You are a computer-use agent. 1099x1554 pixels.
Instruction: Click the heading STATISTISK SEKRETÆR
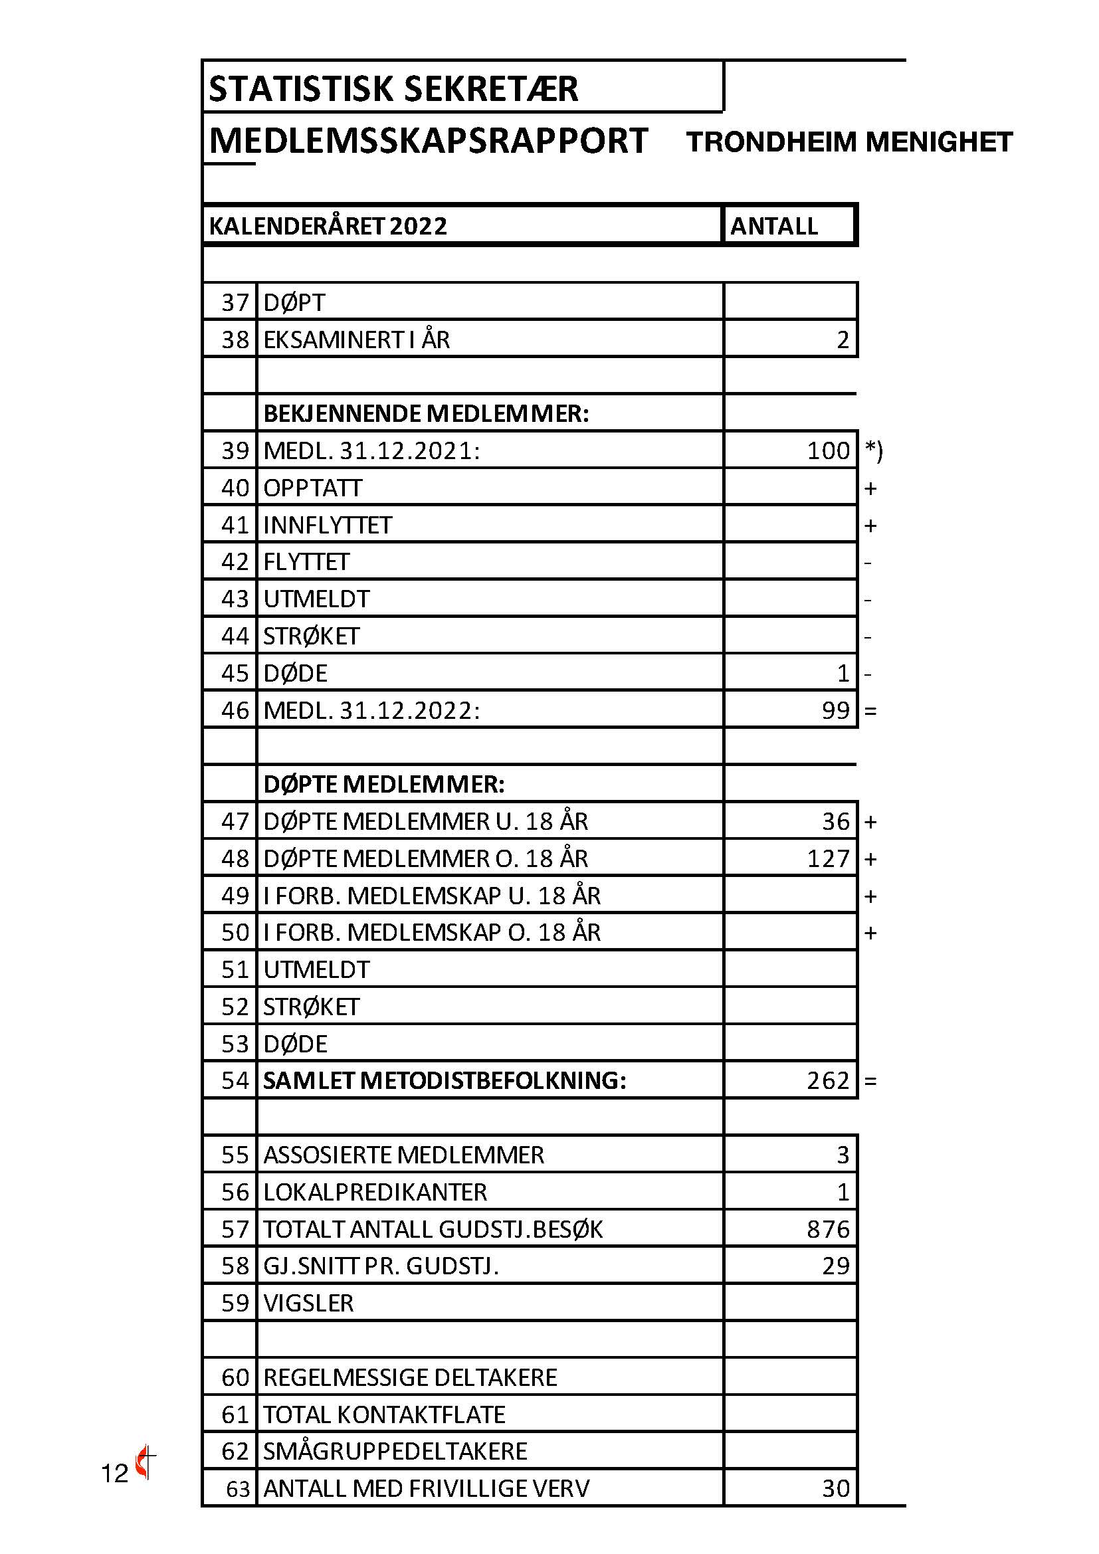click(393, 88)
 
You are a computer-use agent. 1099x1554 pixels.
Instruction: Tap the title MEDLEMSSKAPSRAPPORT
click(429, 141)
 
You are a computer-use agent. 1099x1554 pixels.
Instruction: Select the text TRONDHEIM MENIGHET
click(849, 142)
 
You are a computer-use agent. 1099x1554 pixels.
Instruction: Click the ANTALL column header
click(774, 226)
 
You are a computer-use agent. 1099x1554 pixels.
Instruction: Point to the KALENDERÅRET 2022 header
click(328, 226)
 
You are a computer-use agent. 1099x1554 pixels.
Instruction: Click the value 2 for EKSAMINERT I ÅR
click(843, 340)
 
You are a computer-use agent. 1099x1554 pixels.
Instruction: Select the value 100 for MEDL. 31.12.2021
click(828, 450)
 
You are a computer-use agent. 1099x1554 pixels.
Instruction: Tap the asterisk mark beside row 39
click(874, 450)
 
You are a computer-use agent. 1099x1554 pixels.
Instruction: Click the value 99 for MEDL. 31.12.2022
click(836, 711)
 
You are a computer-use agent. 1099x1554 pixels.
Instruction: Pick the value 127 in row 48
click(828, 859)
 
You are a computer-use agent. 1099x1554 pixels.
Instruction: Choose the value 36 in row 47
click(836, 822)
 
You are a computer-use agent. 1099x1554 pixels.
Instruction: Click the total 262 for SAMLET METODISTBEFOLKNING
click(828, 1081)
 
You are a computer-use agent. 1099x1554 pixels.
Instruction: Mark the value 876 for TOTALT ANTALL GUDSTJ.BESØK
click(828, 1229)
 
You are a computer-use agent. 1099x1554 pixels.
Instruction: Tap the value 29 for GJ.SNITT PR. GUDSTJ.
click(836, 1266)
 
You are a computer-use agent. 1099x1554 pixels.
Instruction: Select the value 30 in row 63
click(836, 1488)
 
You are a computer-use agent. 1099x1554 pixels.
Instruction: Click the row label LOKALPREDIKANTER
click(375, 1192)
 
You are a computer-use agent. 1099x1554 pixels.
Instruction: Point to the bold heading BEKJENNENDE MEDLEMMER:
click(426, 413)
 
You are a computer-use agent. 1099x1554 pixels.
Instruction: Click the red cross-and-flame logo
click(145, 1462)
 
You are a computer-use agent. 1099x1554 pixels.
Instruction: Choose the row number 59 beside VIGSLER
click(235, 1303)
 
